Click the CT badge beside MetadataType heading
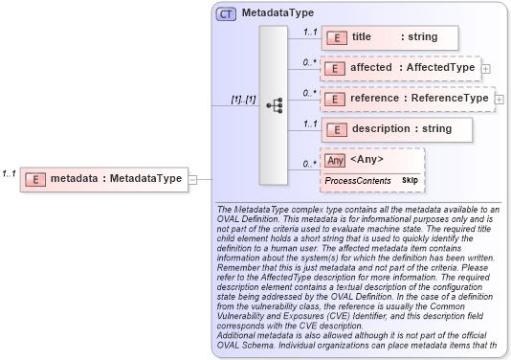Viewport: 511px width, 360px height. pos(226,14)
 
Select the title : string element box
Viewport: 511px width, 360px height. pos(389,37)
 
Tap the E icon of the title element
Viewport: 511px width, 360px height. pos(336,37)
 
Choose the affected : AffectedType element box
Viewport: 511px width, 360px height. pos(399,68)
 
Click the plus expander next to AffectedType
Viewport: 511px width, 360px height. pos(486,69)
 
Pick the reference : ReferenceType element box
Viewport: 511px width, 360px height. pos(406,99)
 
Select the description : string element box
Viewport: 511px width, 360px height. pos(395,129)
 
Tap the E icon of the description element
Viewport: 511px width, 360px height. pos(336,129)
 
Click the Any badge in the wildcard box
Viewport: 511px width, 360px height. pos(335,161)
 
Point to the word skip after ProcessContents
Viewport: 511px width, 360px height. pos(410,180)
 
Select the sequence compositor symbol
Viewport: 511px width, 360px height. pos(274,106)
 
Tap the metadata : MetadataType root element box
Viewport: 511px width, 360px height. pos(102,177)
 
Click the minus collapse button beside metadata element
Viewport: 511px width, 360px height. pos(192,178)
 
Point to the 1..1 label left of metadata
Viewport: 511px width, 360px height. pos(9,173)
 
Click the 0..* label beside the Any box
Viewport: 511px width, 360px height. pos(309,164)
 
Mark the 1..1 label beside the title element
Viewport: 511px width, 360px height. pos(309,33)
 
